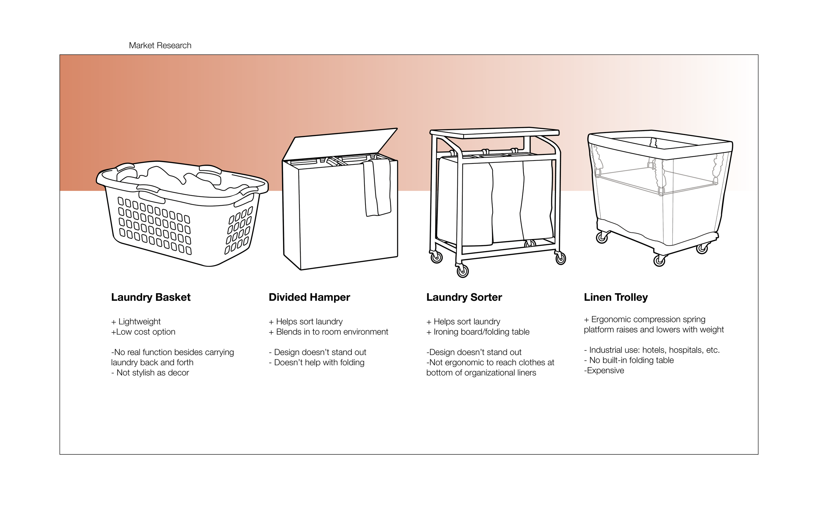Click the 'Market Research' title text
tap(160, 45)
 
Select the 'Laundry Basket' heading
tap(151, 297)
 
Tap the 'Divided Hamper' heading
tap(309, 297)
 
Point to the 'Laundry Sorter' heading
tap(464, 297)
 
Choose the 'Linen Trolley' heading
tap(615, 297)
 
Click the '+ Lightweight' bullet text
tap(136, 321)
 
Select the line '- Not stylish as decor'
tap(150, 372)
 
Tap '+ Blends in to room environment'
tap(329, 332)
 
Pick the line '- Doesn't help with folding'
tap(316, 362)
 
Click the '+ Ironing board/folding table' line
tap(478, 332)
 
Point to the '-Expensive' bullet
tap(604, 370)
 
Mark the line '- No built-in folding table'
tap(629, 360)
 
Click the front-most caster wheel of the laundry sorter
tap(463, 271)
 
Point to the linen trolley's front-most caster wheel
tap(659, 261)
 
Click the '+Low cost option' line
tap(143, 332)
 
